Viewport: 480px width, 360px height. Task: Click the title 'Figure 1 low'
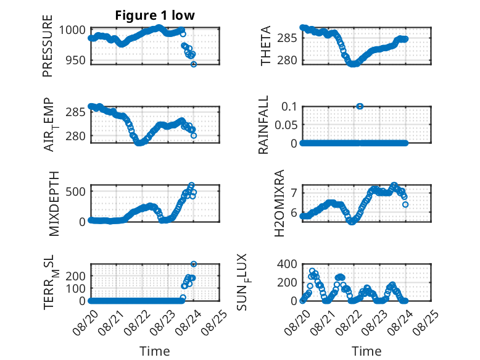155,15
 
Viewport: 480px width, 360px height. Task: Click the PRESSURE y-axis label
48,46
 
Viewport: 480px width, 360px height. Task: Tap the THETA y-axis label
266,46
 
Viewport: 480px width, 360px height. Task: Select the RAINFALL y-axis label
263,125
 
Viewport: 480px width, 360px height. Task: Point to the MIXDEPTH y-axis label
54,204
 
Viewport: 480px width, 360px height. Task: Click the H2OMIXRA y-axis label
279,203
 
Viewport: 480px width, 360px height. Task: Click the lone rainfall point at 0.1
360,106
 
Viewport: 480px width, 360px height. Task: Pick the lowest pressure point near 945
194,64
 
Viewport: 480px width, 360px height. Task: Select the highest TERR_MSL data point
194,264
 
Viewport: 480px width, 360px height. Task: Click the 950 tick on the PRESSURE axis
76,61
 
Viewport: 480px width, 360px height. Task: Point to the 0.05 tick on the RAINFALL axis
286,125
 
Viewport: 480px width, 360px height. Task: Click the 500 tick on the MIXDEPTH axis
76,191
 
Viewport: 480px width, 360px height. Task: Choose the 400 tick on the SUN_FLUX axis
287,264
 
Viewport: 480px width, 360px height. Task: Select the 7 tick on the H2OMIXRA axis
294,193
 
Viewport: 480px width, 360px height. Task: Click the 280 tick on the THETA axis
287,61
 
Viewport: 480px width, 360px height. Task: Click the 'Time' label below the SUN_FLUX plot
366,351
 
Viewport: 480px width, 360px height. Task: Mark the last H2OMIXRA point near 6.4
405,204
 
